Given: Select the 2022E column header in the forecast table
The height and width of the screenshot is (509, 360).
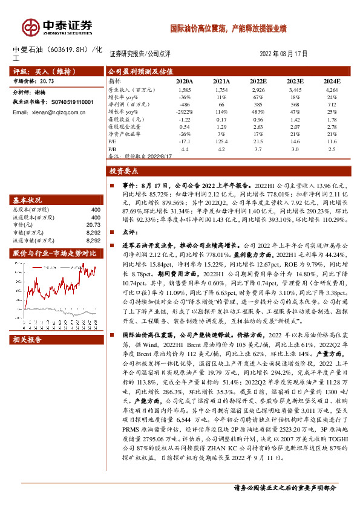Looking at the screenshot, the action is (258, 80).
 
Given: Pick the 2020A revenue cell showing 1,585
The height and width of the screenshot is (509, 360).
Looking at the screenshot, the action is (185, 89).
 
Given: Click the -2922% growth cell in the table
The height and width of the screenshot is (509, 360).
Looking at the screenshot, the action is (185, 112).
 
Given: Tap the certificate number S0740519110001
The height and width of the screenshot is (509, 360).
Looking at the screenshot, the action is (68, 103).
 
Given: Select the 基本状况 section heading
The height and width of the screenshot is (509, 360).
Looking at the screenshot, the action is (28, 199).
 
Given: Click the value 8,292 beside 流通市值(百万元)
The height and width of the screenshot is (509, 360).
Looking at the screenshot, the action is (92, 239).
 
